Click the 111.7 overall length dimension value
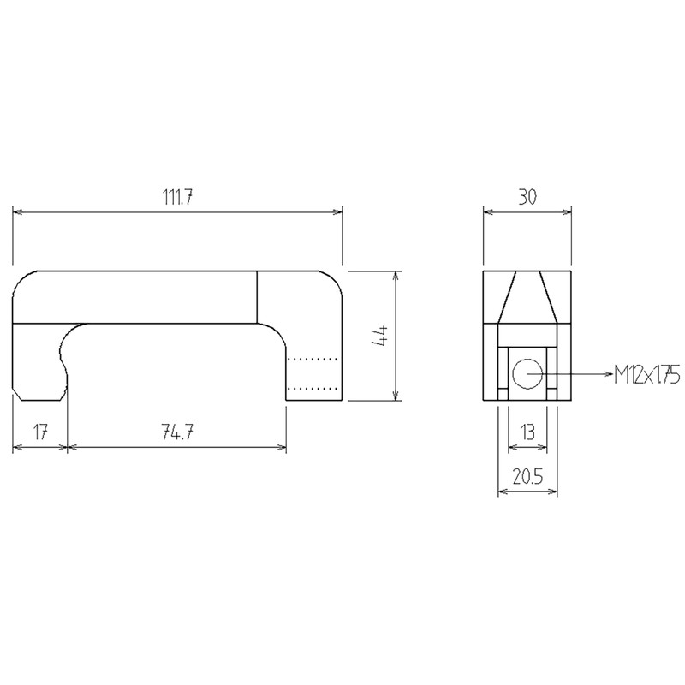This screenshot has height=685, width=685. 176,196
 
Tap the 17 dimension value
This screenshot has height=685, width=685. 39,432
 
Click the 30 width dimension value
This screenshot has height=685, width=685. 527,196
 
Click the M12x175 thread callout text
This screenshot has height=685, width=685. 646,374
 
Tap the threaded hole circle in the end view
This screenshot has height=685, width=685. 527,373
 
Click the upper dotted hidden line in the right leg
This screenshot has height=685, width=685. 313,359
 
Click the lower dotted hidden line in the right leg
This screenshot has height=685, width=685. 313,388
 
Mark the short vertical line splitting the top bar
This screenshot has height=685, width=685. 258,297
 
